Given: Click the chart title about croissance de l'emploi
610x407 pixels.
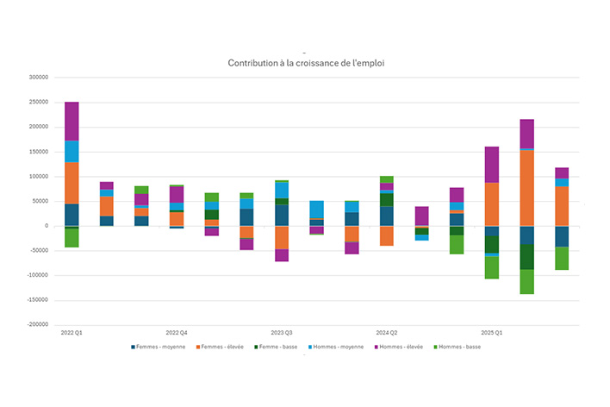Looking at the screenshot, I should (x=305, y=64).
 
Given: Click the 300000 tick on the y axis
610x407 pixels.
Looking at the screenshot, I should (x=40, y=78).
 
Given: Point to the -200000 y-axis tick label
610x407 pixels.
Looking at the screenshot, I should (x=39, y=325).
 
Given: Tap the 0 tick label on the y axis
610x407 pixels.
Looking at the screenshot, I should (x=47, y=226).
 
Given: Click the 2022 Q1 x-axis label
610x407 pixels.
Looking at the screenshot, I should (x=72, y=332).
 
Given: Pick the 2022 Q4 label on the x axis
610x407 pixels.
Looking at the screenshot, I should (x=177, y=332).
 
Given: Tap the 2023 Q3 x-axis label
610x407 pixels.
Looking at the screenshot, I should (x=282, y=332).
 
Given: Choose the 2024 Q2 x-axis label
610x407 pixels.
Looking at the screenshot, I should (x=387, y=332).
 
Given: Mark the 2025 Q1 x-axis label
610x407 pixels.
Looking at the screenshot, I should (x=492, y=332).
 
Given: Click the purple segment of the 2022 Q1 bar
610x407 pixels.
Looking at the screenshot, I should (x=72, y=122).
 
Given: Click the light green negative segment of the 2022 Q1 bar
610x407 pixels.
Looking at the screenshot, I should (x=72, y=238).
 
